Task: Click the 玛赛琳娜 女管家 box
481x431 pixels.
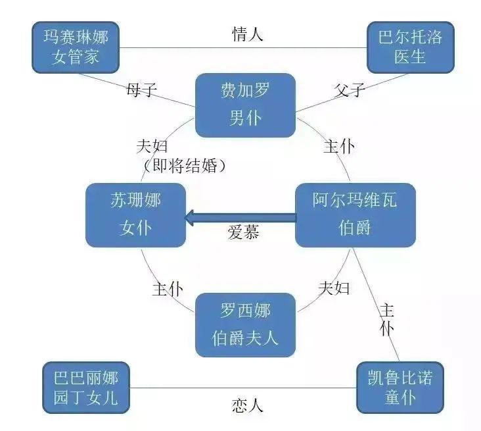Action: click(76, 47)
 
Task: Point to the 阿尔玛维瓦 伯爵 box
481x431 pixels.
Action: click(355, 215)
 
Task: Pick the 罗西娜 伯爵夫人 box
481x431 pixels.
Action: click(245, 325)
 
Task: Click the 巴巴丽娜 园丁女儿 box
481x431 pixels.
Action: click(85, 388)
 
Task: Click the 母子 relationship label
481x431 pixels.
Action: click(141, 90)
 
